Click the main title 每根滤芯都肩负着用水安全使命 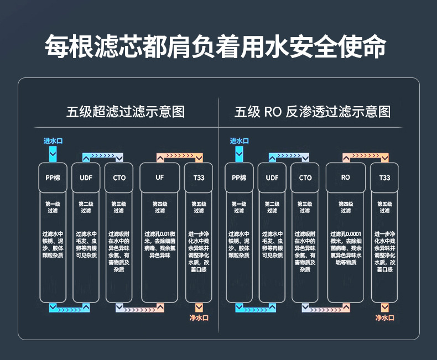click(215, 47)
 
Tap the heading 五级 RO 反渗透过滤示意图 click(313, 112)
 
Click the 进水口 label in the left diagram click(53, 141)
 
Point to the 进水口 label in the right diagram click(239, 141)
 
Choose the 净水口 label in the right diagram click(385, 318)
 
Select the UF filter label click(160, 178)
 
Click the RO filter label click(346, 178)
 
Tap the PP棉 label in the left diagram click(53, 178)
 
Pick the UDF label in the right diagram click(272, 178)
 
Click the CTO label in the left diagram click(119, 178)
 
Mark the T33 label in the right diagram click(384, 178)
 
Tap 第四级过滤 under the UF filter click(160, 207)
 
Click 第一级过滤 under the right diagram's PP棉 click(239, 207)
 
